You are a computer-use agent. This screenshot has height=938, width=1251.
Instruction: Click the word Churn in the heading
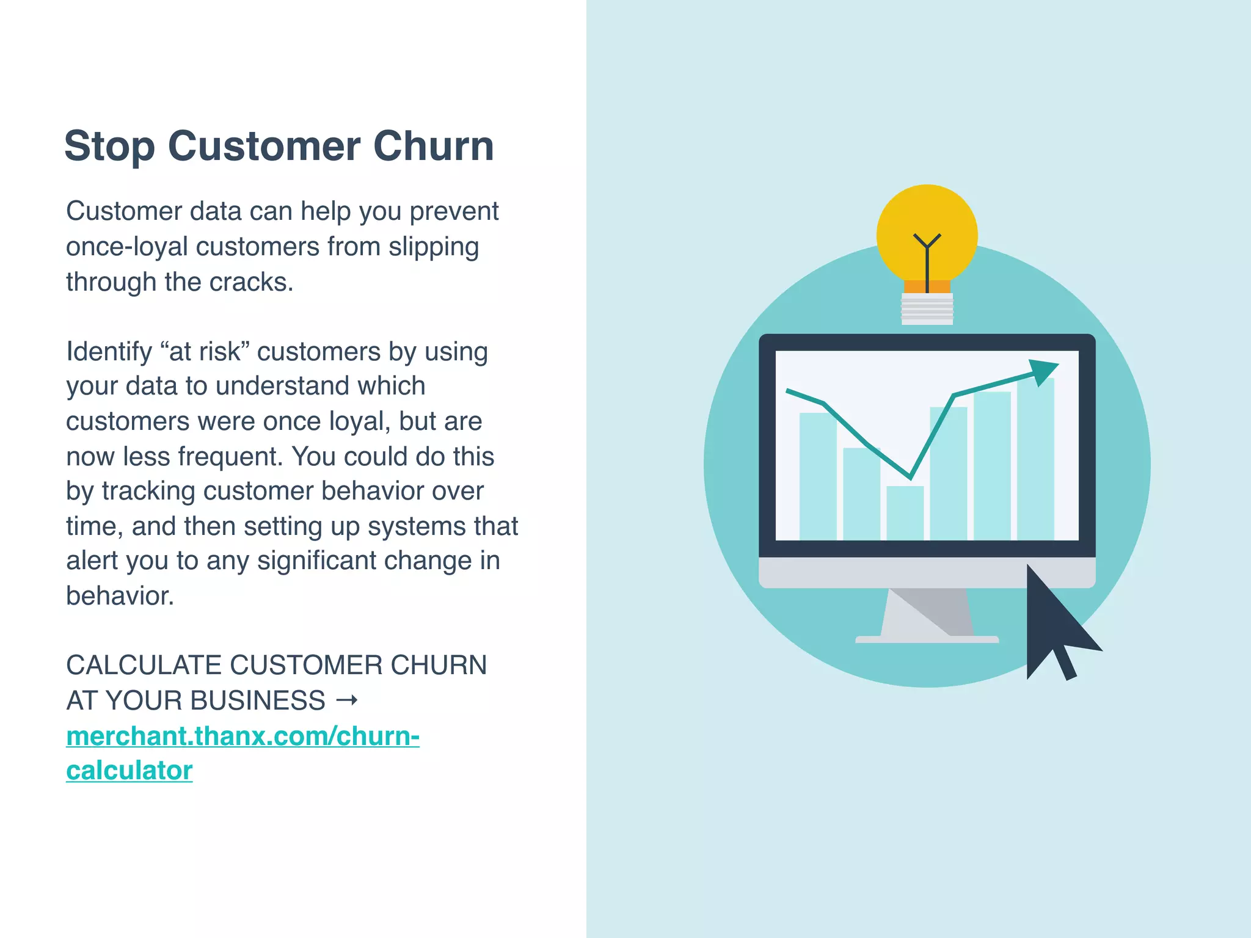[433, 147]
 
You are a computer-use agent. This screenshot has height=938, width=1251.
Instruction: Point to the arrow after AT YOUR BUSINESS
[347, 700]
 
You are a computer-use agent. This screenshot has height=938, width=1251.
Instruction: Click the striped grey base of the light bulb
[927, 308]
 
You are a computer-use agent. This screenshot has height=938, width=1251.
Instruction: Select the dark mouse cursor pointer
[1054, 623]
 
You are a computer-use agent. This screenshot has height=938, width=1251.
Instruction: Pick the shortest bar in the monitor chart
[905, 513]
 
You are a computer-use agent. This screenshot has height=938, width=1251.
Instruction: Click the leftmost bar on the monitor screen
[817, 476]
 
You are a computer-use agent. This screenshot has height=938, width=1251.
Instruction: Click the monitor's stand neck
[927, 612]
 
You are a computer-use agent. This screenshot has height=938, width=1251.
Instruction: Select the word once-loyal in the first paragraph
[126, 247]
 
